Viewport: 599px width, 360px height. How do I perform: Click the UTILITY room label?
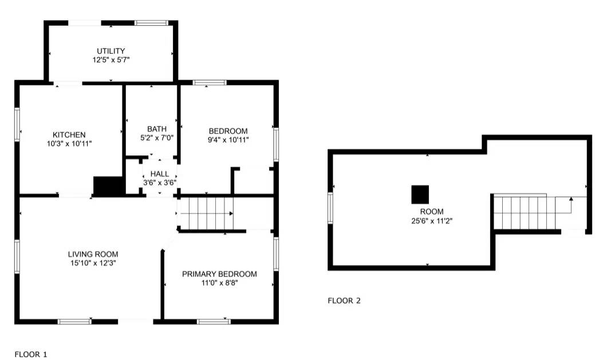click(111, 51)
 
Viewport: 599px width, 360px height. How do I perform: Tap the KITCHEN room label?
click(69, 134)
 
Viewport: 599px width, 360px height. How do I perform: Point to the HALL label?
click(160, 174)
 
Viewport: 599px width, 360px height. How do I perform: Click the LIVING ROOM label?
click(93, 254)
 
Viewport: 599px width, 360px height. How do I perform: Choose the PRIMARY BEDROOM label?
click(219, 274)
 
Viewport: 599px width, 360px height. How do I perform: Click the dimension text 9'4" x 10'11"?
click(228, 140)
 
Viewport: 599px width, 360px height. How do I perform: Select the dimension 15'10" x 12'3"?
click(93, 263)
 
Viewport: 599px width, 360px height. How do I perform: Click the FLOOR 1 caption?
click(31, 354)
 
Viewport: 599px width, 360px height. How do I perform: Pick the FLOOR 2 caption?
click(344, 300)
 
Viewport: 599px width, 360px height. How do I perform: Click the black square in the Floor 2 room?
click(420, 195)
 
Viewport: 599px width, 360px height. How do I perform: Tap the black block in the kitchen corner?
click(109, 187)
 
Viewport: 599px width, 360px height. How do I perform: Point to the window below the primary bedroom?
click(214, 322)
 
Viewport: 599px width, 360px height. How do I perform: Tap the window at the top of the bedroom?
click(210, 83)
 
